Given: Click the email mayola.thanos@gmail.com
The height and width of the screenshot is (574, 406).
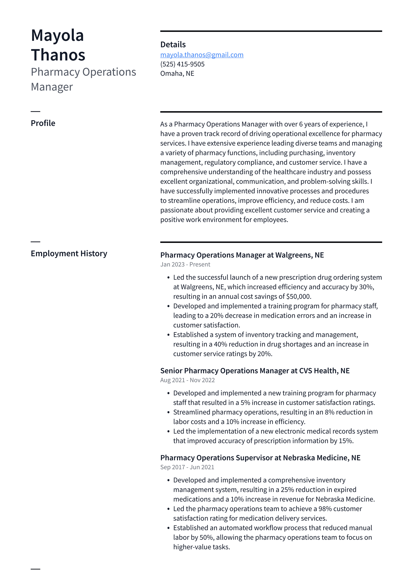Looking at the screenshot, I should pyautogui.click(x=202, y=55).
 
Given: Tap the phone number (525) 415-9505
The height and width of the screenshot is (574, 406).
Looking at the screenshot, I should pyautogui.click(x=182, y=64).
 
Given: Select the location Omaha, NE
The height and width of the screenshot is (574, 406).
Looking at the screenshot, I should pyautogui.click(x=177, y=74).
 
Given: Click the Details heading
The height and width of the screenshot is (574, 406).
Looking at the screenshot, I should pyautogui.click(x=173, y=44).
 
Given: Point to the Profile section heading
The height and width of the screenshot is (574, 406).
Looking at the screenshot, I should pyautogui.click(x=43, y=123).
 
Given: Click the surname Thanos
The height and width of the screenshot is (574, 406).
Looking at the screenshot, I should pyautogui.click(x=58, y=55).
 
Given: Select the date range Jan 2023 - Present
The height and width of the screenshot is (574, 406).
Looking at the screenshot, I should pyautogui.click(x=185, y=264).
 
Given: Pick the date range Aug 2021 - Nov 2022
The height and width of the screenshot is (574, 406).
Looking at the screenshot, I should pyautogui.click(x=187, y=380).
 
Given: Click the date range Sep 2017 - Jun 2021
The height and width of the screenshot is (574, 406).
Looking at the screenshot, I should pyautogui.click(x=187, y=467).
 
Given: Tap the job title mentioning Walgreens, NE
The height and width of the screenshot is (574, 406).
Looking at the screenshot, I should pyautogui.click(x=242, y=255).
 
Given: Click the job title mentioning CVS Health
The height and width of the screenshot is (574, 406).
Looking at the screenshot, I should pyautogui.click(x=255, y=371).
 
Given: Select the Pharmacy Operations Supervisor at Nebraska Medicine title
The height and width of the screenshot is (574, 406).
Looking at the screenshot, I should pyautogui.click(x=260, y=457).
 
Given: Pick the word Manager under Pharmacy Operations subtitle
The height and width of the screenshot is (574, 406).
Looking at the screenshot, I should pyautogui.click(x=52, y=87).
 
